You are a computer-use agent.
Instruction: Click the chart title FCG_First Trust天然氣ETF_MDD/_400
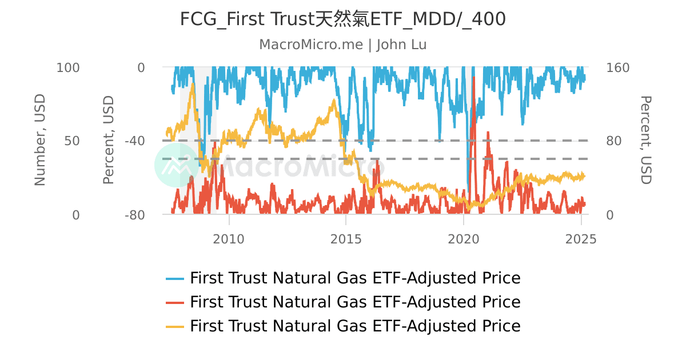click(x=343, y=19)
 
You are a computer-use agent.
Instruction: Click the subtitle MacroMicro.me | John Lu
click(x=343, y=45)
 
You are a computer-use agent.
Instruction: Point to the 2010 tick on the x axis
click(x=229, y=239)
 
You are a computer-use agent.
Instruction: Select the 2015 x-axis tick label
click(x=346, y=239)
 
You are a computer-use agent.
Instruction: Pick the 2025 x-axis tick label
click(x=581, y=239)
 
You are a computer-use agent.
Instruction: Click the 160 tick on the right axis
click(x=617, y=67)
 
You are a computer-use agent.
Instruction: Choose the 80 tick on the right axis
click(x=614, y=141)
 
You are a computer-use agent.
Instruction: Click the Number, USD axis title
click(x=39, y=141)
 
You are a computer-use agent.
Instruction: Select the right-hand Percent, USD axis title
click(x=645, y=141)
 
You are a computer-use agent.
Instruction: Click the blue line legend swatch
click(x=175, y=279)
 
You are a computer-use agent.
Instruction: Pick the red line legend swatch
click(x=175, y=302)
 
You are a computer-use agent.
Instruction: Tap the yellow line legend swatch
click(x=175, y=326)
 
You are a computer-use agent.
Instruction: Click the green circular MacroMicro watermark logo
click(x=177, y=165)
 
